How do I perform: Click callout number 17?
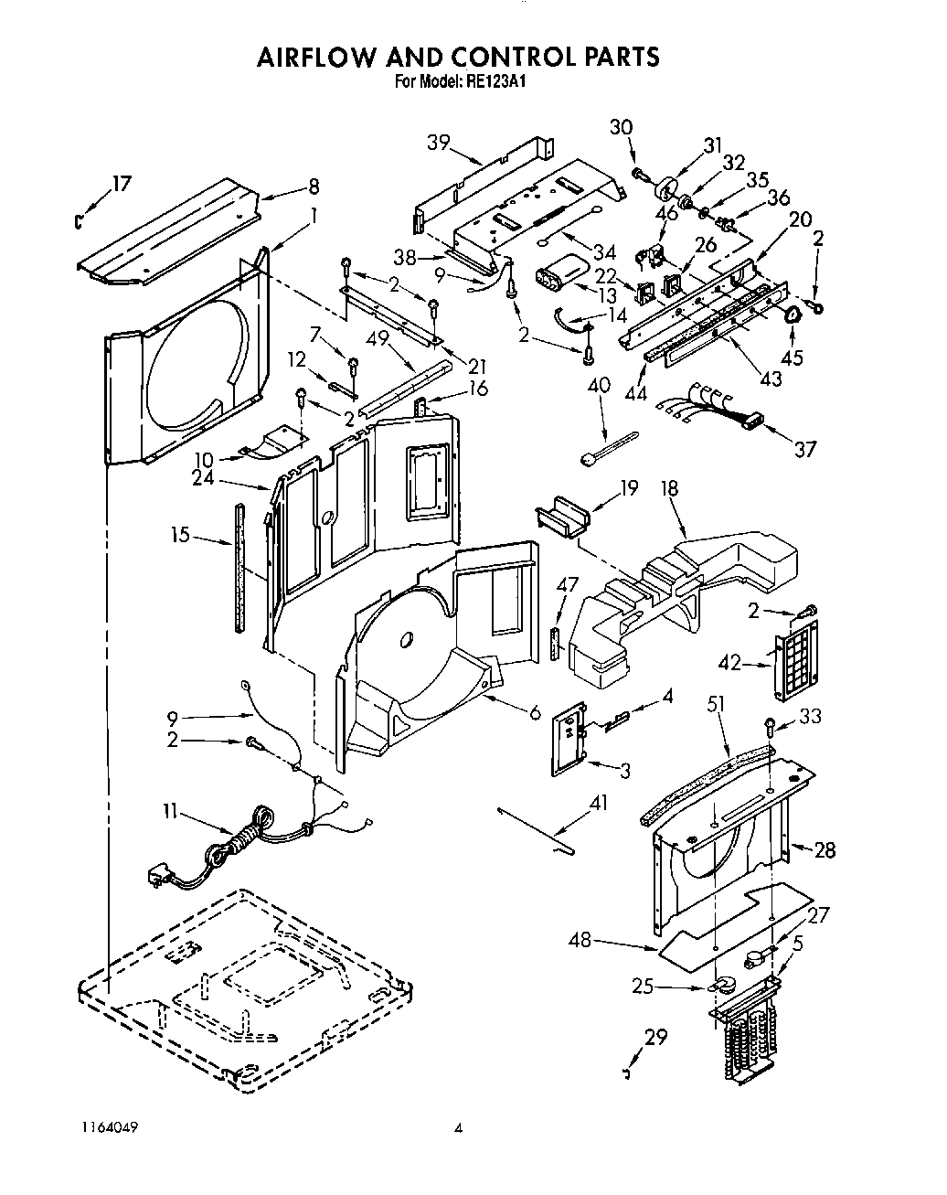[121, 184]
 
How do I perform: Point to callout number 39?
[439, 142]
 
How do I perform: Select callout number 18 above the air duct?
[669, 488]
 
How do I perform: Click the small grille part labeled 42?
[795, 656]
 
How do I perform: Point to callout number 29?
[655, 1037]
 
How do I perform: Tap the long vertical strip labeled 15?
[240, 567]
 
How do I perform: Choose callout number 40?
[599, 385]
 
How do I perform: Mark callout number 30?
[622, 127]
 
